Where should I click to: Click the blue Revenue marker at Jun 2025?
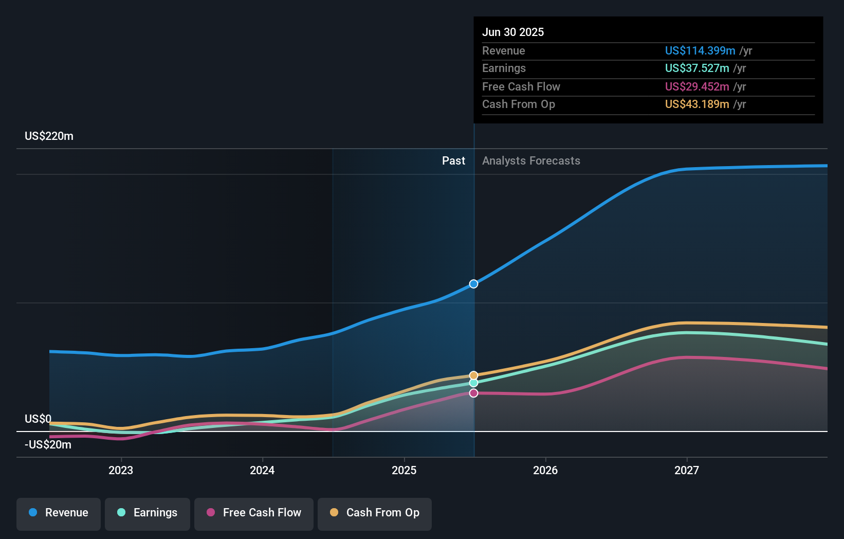(473, 284)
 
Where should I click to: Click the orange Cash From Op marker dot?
(473, 375)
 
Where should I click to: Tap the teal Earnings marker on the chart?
(473, 383)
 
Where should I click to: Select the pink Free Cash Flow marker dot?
(473, 393)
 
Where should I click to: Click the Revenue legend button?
(59, 513)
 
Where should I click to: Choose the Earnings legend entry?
(148, 513)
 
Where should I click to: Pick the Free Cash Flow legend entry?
(254, 513)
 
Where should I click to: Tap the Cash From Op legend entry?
(375, 513)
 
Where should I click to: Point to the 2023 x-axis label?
(121, 470)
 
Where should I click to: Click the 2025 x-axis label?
(404, 470)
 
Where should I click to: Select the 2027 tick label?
(687, 470)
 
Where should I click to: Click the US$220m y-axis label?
(49, 136)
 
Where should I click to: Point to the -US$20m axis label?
(48, 445)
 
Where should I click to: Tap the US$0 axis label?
(38, 419)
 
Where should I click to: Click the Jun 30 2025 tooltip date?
(512, 32)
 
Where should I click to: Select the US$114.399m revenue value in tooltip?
(700, 50)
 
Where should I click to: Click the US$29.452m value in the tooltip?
(696, 86)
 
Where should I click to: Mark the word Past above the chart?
(453, 161)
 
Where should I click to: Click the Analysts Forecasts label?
(531, 161)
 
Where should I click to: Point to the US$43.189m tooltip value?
(696, 104)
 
